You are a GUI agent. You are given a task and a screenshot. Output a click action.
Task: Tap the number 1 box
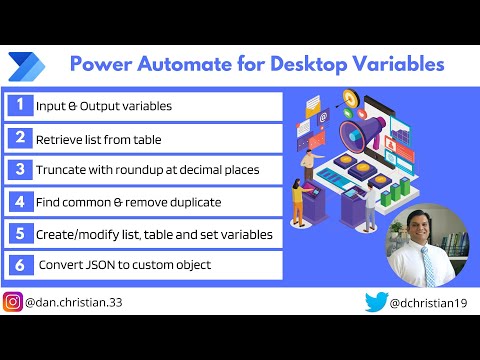(x=19, y=104)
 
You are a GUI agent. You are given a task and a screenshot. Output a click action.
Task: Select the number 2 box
(x=19, y=137)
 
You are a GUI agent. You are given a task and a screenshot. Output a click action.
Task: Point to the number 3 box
(x=19, y=169)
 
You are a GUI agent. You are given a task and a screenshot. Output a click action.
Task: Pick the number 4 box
(x=19, y=201)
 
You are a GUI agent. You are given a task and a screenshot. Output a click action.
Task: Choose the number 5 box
(x=19, y=234)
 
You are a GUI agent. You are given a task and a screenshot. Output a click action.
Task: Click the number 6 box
(x=19, y=266)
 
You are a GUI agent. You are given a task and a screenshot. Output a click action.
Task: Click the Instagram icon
(x=13, y=302)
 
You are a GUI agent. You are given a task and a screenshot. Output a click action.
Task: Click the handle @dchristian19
(x=428, y=302)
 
